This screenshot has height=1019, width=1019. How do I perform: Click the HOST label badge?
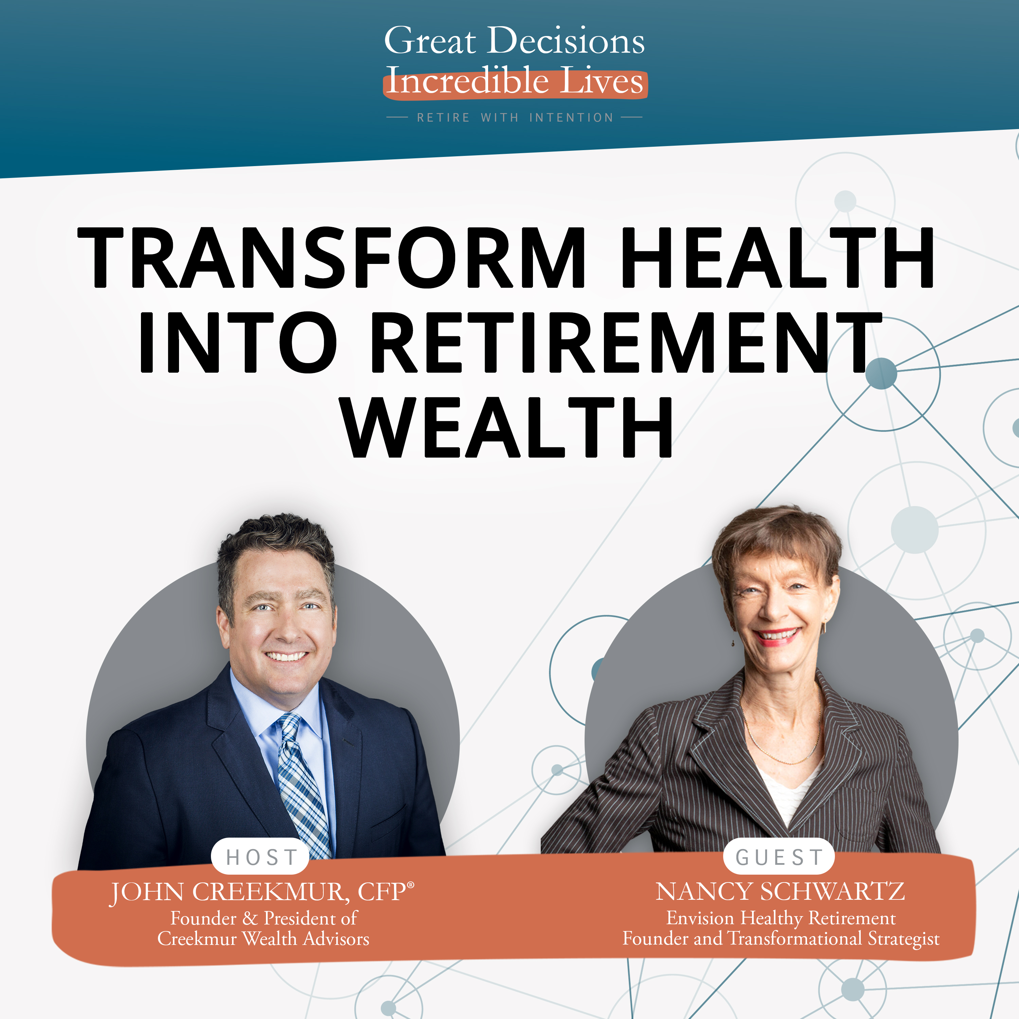point(261,857)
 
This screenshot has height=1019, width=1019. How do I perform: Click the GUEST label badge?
point(779,857)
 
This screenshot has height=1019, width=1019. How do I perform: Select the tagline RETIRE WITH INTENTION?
point(515,118)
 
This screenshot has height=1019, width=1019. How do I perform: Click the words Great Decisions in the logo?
point(514,41)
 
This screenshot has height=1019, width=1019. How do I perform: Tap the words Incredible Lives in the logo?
point(515,82)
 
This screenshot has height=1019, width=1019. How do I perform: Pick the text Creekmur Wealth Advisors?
point(263,938)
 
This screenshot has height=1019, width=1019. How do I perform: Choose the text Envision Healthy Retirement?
point(781,918)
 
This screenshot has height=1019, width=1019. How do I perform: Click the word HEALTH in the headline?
point(777,257)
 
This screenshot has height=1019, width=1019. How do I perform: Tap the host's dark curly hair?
point(277,543)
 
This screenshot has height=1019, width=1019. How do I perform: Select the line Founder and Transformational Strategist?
point(781,938)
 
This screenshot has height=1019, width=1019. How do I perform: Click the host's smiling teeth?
point(286,657)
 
